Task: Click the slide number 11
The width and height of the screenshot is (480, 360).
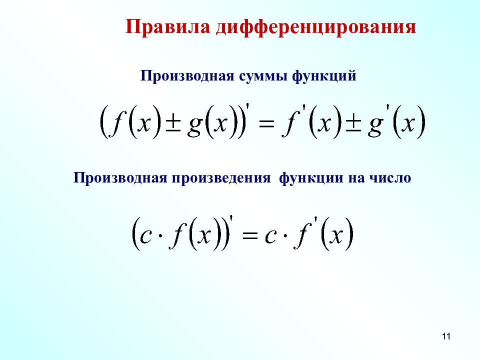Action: tap(446, 336)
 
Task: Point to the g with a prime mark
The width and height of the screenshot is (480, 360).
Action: tap(374, 126)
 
